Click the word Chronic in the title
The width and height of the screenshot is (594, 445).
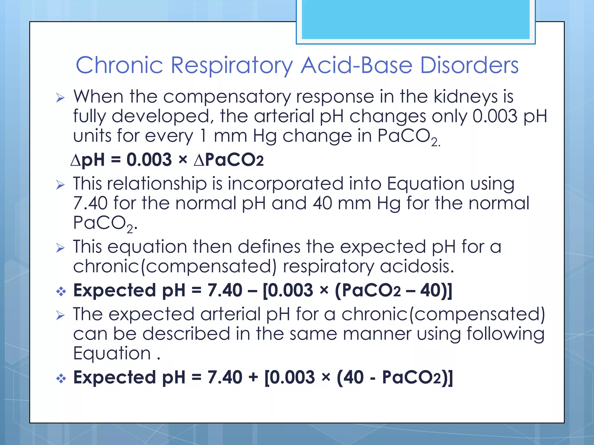tap(119, 65)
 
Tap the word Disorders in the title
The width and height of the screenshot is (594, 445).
tap(469, 65)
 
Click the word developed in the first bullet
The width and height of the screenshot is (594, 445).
tap(161, 116)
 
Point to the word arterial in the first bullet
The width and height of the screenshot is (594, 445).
tap(284, 116)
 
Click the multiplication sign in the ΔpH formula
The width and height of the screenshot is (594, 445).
tap(183, 160)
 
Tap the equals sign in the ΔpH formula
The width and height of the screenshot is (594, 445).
tap(115, 160)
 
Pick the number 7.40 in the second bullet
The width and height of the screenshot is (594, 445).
tap(90, 203)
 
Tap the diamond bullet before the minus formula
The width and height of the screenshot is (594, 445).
tap(61, 291)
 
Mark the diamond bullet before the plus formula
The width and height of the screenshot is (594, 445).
tap(61, 378)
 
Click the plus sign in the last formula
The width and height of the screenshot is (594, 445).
tap(253, 377)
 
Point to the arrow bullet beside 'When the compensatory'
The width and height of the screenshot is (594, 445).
tap(60, 98)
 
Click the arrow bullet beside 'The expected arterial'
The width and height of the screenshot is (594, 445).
tap(60, 315)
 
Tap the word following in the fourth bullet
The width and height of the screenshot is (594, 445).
tap(506, 334)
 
